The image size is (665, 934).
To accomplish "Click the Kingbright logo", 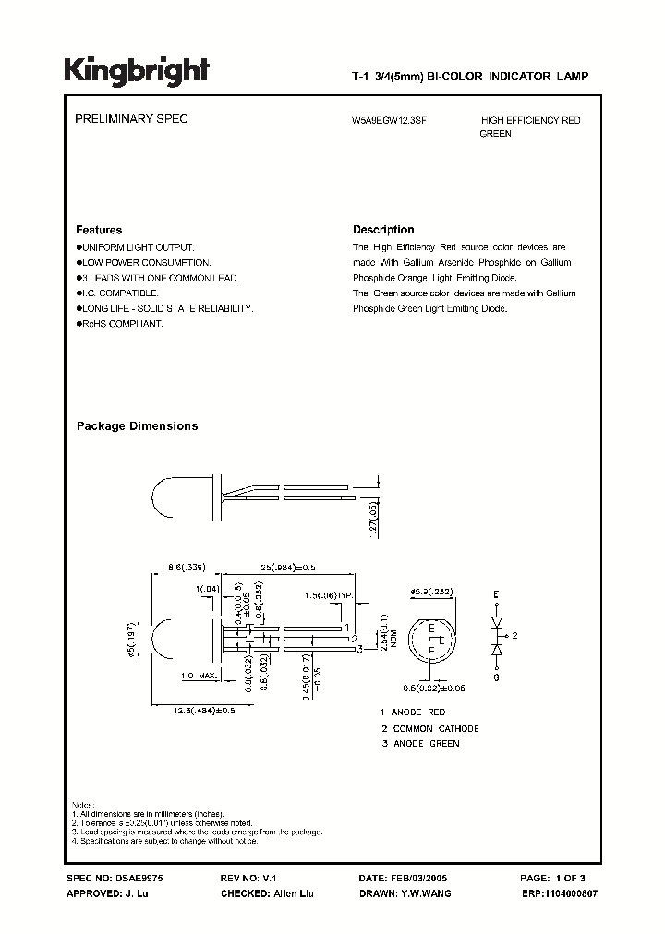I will [x=136, y=71].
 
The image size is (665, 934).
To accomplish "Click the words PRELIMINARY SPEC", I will [x=130, y=120].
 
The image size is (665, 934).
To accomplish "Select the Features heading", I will [x=99, y=230].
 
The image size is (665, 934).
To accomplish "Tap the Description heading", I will [x=383, y=230].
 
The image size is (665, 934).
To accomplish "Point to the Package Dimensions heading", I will [x=137, y=426].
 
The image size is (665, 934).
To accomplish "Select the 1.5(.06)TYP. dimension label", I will [x=330, y=597].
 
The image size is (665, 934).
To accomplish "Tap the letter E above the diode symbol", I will [x=496, y=592].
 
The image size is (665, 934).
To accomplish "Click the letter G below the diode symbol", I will [x=496, y=679].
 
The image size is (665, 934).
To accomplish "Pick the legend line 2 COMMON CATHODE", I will [x=429, y=728].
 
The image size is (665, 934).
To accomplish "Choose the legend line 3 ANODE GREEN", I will [x=419, y=743].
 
